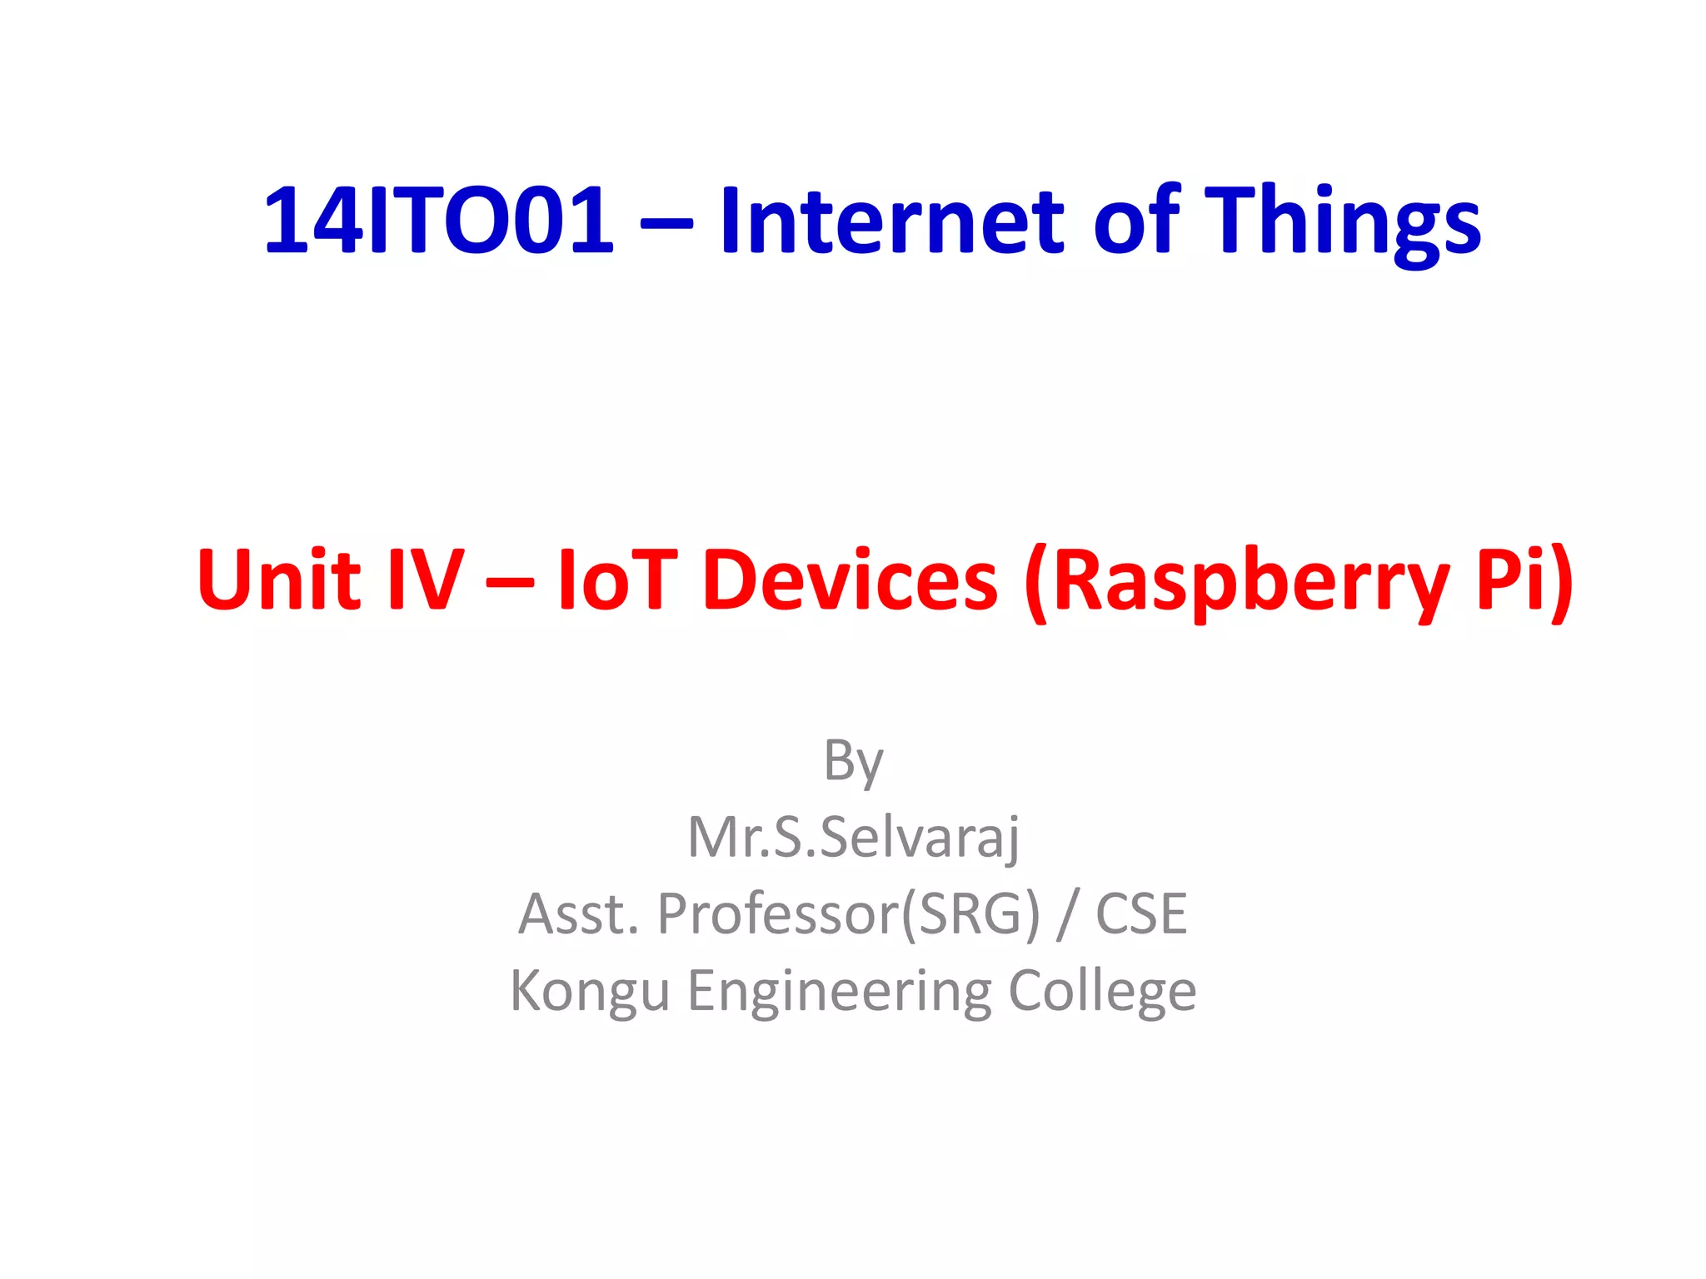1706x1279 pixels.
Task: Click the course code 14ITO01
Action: point(439,221)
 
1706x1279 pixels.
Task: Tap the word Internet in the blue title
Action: point(891,221)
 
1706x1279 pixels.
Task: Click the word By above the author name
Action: point(853,761)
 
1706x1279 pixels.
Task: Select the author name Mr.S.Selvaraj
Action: point(853,837)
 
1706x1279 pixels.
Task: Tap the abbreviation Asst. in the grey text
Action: point(578,913)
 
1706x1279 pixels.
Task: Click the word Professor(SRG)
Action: point(849,914)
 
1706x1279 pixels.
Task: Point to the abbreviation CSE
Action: point(1141,913)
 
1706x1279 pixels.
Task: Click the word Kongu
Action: point(590,991)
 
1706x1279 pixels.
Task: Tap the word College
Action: point(1102,991)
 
